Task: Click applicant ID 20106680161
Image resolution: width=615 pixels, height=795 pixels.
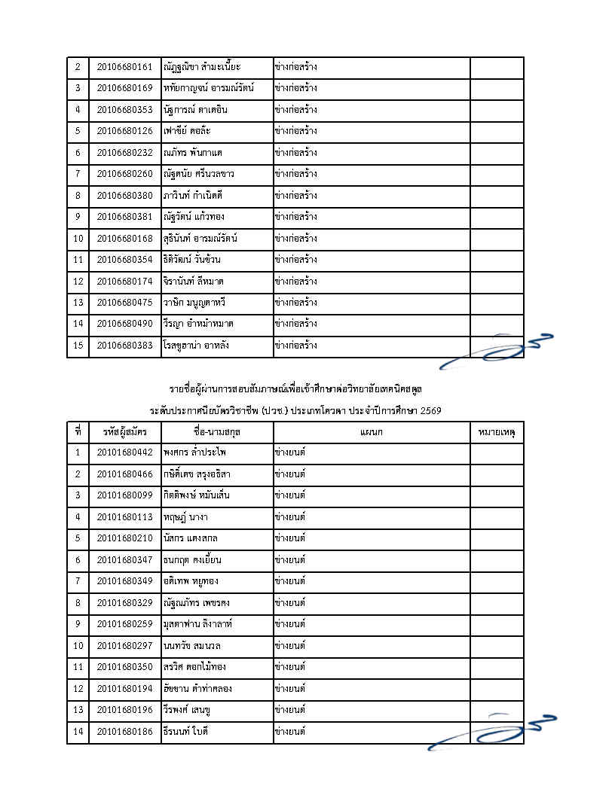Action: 124,67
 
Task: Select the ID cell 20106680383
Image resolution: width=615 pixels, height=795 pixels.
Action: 124,346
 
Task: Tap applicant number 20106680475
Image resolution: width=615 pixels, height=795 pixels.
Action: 124,303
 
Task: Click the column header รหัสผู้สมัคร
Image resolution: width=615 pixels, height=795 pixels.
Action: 124,432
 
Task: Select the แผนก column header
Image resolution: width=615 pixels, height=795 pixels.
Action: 372,432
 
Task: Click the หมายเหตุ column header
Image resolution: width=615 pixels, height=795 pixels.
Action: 497,432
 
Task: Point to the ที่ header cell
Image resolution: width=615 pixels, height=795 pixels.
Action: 78,432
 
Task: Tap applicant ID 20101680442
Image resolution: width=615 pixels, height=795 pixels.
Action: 124,453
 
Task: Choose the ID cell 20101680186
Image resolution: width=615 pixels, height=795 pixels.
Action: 124,732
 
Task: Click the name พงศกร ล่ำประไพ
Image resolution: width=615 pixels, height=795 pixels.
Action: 194,453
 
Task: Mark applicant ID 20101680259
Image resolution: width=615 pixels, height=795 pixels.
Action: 124,624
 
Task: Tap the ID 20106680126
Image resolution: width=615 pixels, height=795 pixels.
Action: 124,132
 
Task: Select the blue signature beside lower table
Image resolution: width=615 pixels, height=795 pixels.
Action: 490,732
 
